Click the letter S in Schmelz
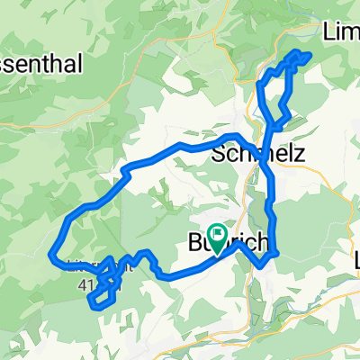218,155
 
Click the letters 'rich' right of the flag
248,244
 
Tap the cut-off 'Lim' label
341,32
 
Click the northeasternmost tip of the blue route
308,56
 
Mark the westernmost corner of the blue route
50,256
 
